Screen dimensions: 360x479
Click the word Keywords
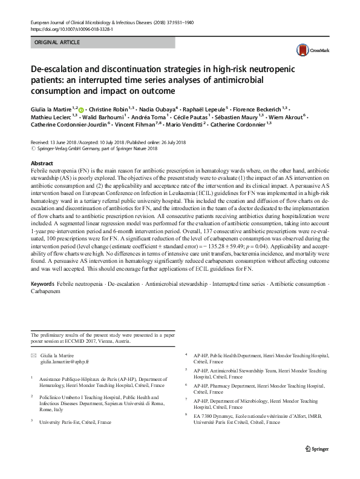[42, 284]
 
